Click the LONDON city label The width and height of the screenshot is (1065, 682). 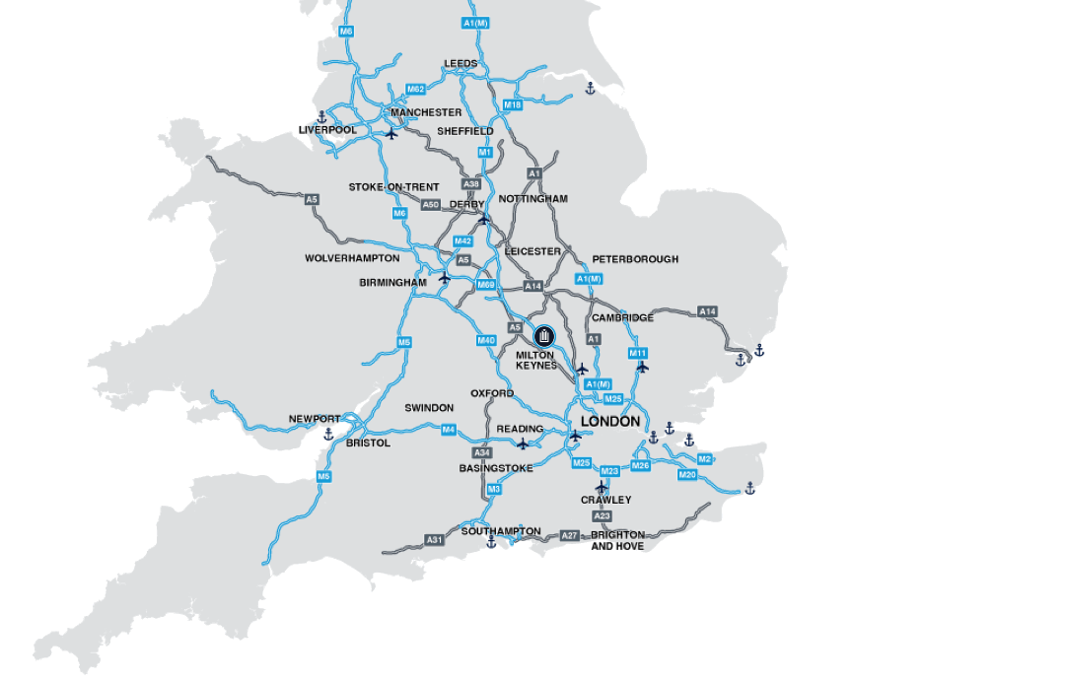tap(610, 422)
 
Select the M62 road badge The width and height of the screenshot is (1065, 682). tap(416, 90)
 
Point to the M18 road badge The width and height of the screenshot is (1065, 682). tap(512, 105)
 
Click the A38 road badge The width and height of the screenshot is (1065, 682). tap(471, 184)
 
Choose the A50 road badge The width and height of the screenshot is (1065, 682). tap(431, 205)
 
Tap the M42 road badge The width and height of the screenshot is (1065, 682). tap(462, 241)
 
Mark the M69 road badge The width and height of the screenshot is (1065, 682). tap(486, 285)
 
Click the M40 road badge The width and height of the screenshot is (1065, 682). tap(486, 340)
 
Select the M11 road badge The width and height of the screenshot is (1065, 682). tap(638, 353)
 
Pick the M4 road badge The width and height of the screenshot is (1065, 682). tap(449, 430)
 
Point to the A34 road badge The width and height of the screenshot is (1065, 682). tap(482, 452)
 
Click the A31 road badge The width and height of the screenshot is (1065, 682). tap(435, 540)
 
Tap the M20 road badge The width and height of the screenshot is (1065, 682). tap(687, 475)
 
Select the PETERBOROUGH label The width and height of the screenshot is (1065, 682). tap(635, 259)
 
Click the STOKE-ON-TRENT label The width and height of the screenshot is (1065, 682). tap(393, 187)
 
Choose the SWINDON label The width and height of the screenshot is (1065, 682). tap(429, 408)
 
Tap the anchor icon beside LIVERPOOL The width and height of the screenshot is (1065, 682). tap(320, 117)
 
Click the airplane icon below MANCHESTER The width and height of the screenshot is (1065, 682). tap(392, 133)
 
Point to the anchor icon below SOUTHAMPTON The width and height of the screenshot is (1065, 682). tap(491, 542)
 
